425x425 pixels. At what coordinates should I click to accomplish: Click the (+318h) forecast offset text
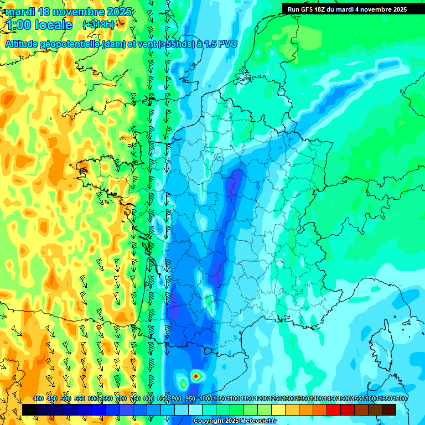(99, 25)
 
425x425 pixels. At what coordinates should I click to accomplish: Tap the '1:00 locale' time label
(39, 25)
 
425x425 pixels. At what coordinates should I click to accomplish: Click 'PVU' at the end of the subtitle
(227, 44)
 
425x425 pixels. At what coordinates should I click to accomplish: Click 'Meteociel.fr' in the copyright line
(256, 421)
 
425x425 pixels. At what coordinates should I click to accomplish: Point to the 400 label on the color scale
(38, 399)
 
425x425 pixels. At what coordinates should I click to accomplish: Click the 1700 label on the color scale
(400, 399)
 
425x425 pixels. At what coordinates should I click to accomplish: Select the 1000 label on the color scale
(206, 399)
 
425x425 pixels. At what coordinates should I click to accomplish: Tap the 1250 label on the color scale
(275, 399)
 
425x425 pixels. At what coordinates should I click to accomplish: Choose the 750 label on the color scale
(135, 399)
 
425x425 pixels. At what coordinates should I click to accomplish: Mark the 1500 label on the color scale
(344, 399)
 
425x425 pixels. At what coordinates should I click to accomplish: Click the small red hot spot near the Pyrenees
(195, 376)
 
